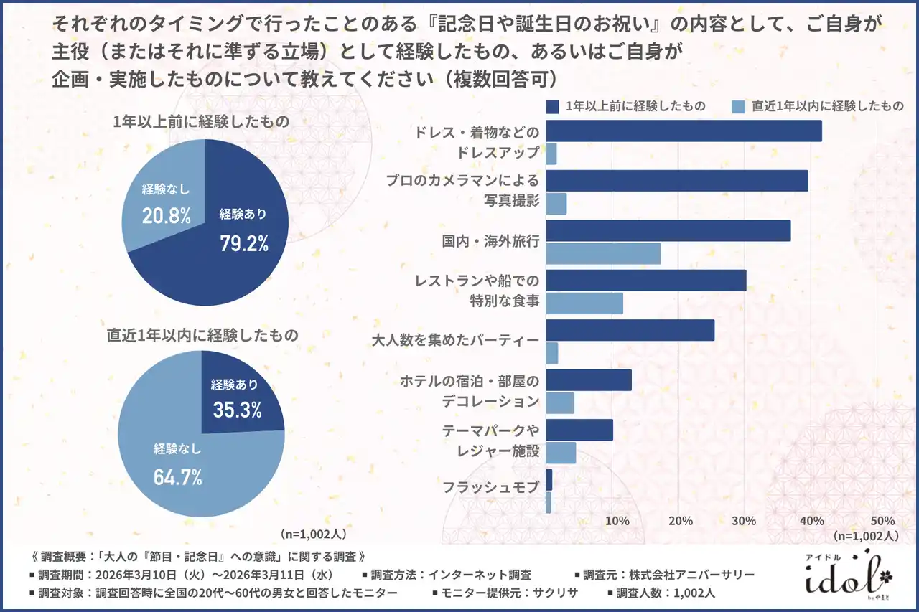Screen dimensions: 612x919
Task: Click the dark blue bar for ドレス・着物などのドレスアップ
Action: (x=684, y=131)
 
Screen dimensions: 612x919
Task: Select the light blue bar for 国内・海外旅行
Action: (x=603, y=253)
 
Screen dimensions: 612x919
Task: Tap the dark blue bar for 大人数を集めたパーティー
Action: (x=630, y=330)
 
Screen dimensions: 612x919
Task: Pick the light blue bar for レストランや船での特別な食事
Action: (x=584, y=303)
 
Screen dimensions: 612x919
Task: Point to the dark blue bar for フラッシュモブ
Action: (x=549, y=479)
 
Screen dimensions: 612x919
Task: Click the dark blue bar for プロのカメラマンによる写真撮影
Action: (x=676, y=181)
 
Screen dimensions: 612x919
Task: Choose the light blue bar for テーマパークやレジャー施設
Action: (x=561, y=453)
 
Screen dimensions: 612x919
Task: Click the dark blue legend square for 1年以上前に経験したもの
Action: (x=552, y=107)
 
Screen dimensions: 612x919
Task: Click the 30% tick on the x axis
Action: (x=745, y=520)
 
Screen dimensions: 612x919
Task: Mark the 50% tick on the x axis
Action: (x=882, y=520)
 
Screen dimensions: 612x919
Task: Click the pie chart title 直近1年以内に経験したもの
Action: (x=203, y=334)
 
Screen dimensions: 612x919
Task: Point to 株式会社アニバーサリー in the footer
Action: (x=691, y=575)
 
